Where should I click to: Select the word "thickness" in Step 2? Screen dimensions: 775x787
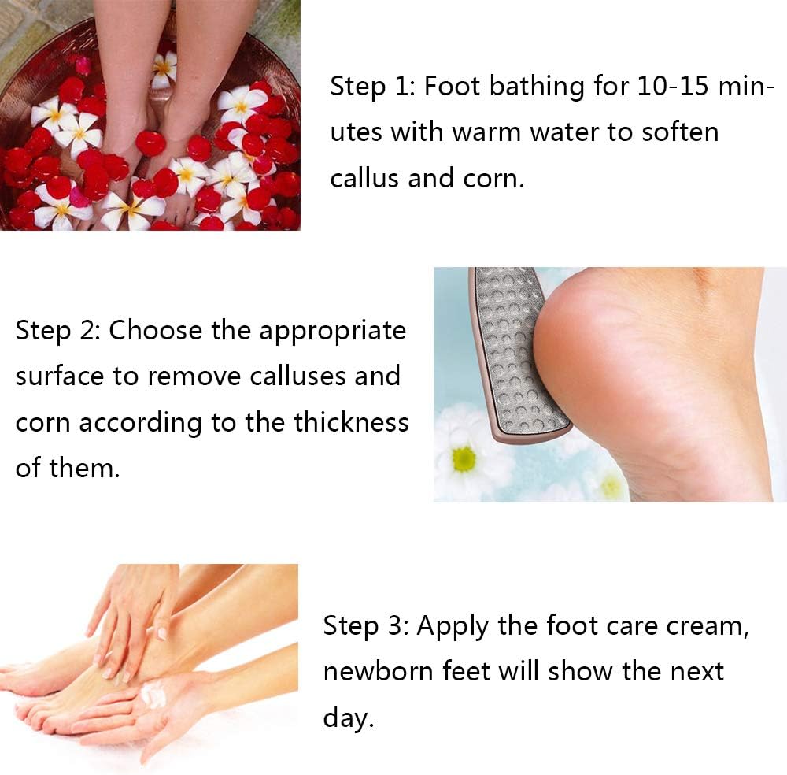(351, 422)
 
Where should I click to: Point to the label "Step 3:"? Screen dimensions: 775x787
(364, 626)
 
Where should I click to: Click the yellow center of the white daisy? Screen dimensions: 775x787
(464, 459)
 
